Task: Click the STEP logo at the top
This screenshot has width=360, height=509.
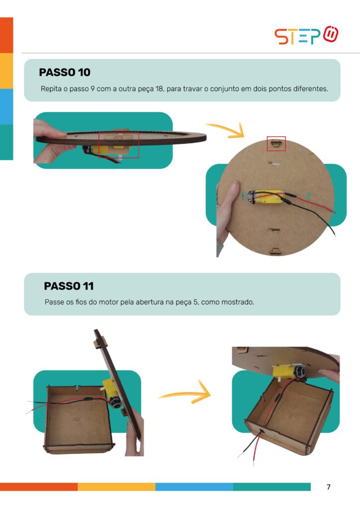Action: [306, 35]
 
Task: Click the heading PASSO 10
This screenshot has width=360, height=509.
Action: [65, 72]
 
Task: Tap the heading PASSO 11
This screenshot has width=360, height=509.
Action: [69, 286]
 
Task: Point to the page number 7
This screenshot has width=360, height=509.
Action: [329, 487]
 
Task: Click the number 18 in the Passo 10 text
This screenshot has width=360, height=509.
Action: [159, 88]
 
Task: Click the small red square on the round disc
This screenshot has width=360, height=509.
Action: [276, 144]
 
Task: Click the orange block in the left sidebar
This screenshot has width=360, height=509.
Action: [6, 35]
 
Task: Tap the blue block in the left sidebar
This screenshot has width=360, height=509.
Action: [6, 106]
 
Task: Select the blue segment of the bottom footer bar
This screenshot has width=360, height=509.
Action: [194, 487]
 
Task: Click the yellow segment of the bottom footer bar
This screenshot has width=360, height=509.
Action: [116, 487]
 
